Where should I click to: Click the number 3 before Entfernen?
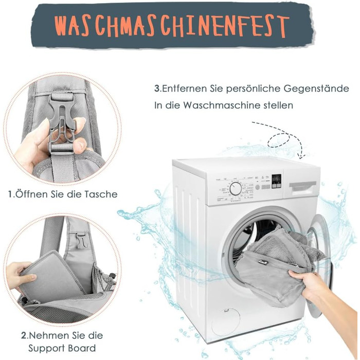tap(156, 88)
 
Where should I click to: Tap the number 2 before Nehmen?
tap(24, 335)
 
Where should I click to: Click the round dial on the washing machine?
tap(236, 189)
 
